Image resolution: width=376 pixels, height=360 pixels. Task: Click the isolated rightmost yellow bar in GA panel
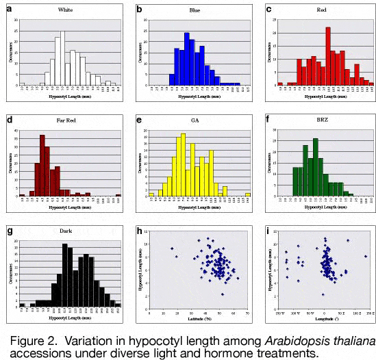[247, 194]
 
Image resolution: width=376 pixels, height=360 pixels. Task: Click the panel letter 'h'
[139, 237]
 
